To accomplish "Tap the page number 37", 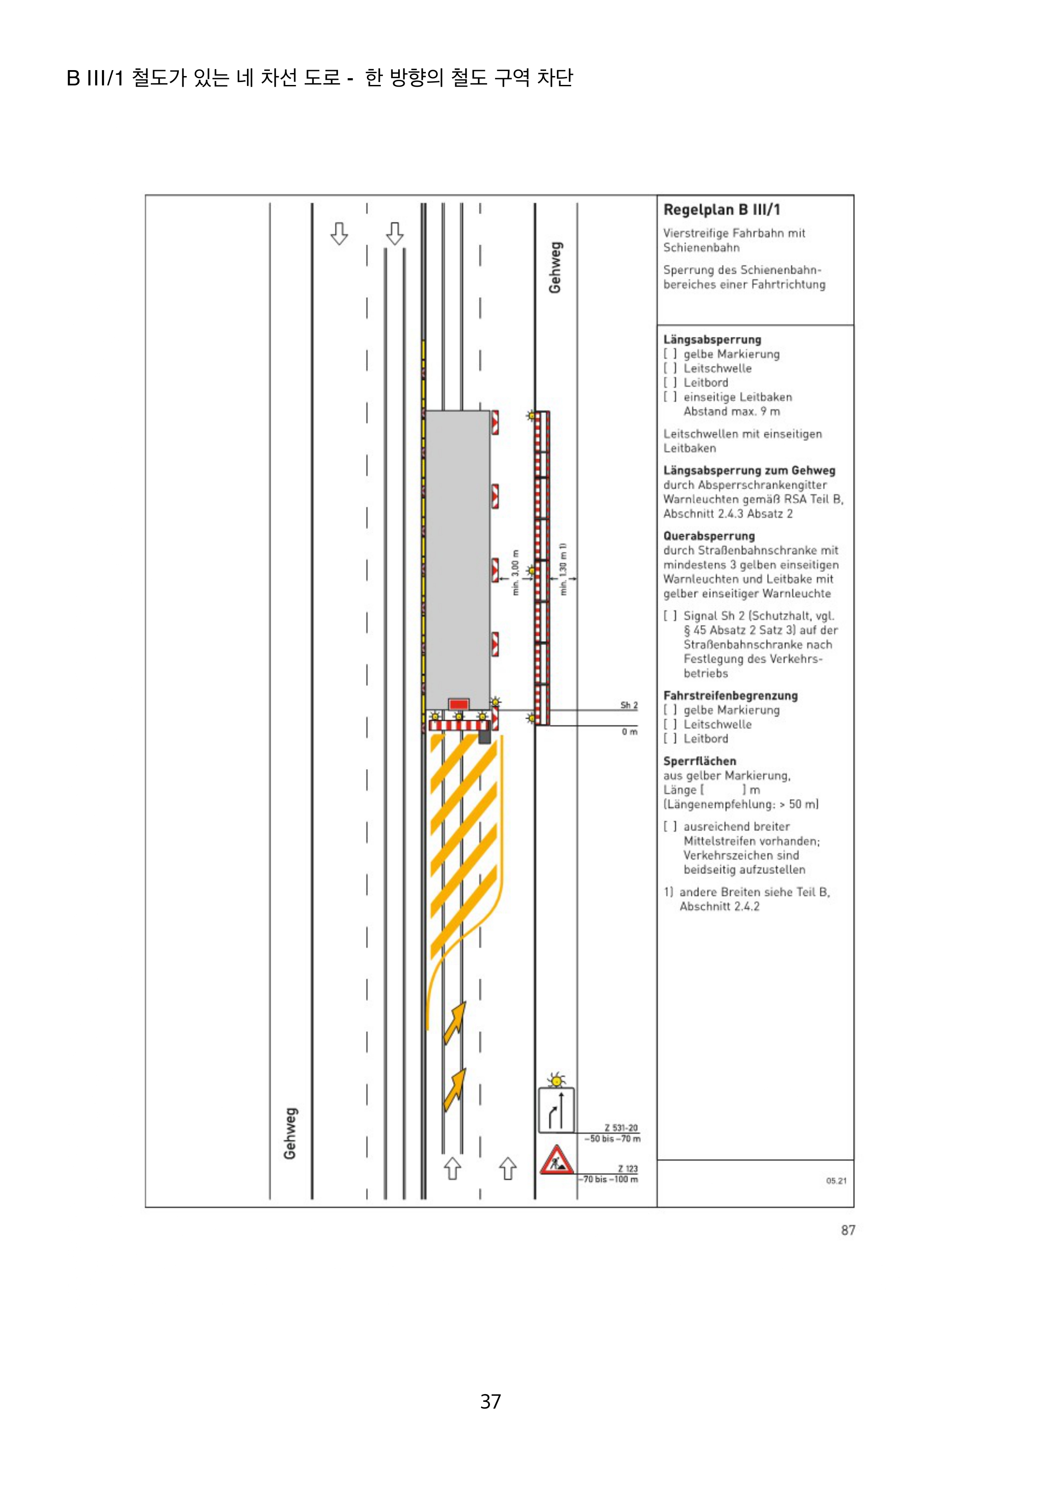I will (490, 1401).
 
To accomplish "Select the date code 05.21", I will (836, 1180).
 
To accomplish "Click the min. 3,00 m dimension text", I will (516, 572).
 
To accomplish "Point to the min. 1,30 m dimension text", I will (563, 569).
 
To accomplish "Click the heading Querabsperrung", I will (708, 536).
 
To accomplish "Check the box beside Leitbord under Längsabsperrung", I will (669, 382).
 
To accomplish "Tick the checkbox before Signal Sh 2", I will (669, 616).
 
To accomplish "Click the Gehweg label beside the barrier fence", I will (555, 268).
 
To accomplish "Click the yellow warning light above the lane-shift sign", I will (556, 1081).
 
